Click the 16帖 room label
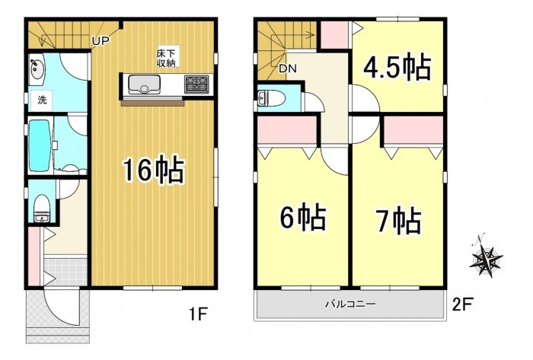click(x=153, y=170)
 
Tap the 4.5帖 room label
click(x=397, y=68)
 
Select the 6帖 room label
click(x=302, y=218)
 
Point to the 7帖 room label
click(x=398, y=221)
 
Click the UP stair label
click(x=101, y=41)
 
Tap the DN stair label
click(x=288, y=69)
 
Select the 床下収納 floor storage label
click(x=165, y=58)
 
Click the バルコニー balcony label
click(x=350, y=303)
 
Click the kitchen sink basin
click(x=144, y=84)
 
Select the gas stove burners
click(x=196, y=84)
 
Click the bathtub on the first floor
click(x=40, y=145)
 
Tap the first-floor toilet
click(x=42, y=208)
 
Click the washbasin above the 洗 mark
click(x=37, y=69)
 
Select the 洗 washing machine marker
click(x=41, y=100)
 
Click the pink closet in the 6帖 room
click(x=287, y=130)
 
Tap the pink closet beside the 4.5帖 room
click(x=334, y=36)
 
